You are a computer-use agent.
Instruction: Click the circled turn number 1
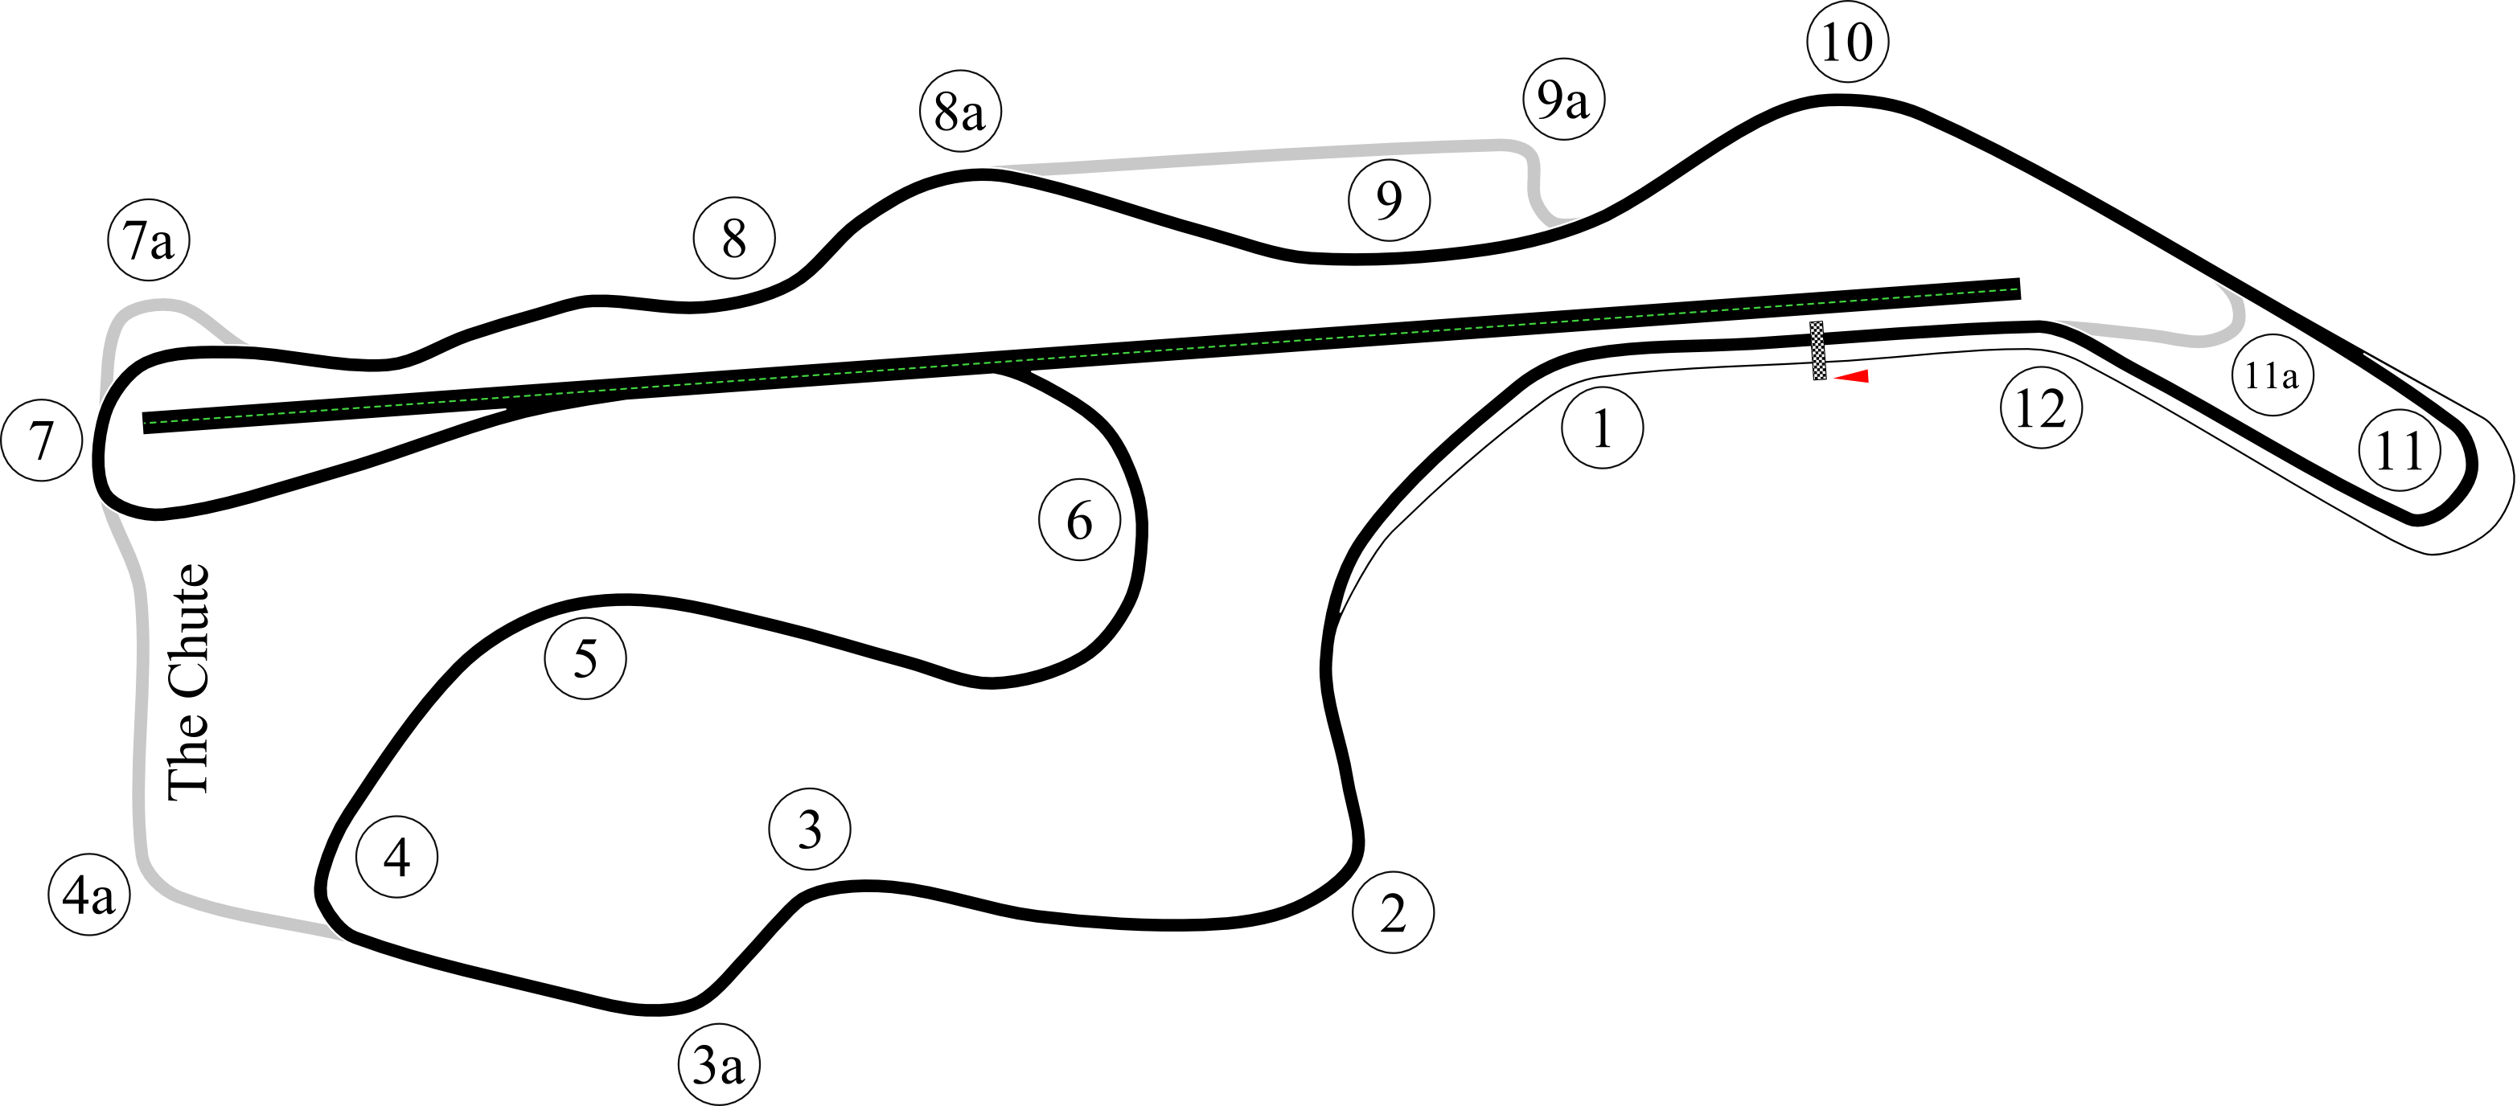[1601, 428]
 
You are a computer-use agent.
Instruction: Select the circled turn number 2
[1392, 912]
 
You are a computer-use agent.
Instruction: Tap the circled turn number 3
[809, 829]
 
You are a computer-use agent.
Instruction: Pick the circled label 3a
[718, 1065]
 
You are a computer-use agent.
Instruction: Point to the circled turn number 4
[396, 857]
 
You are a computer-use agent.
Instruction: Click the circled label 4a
[89, 895]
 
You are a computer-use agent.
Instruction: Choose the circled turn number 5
[585, 658]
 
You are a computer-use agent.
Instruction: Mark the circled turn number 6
[1078, 520]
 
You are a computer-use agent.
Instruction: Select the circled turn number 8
[734, 237]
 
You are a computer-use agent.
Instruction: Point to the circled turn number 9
[1389, 199]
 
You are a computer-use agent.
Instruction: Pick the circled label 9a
[1562, 99]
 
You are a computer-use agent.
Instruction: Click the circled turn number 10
[1846, 42]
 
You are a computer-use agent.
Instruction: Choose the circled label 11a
[2272, 375]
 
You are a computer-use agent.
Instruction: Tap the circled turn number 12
[2041, 408]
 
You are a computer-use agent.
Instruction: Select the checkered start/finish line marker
[1817, 350]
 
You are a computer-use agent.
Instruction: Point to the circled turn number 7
[41, 440]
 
